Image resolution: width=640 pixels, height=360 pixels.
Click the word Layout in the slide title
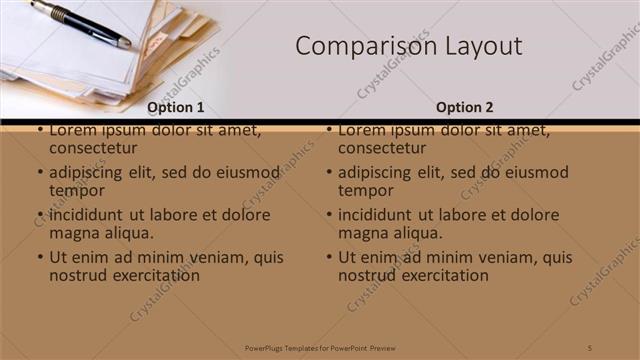pos(484,47)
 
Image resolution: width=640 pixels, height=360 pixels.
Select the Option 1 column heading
pos(176,107)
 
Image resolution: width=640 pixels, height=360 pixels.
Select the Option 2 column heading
pos(465,107)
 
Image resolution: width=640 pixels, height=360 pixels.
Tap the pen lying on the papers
pos(80,23)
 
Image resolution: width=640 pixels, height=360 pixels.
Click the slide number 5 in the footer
pos(591,347)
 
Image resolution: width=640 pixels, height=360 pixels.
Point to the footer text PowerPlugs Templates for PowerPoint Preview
pos(320,347)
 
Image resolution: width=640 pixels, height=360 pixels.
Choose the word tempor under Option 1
pos(77,190)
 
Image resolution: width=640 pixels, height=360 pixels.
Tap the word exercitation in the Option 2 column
pos(441,274)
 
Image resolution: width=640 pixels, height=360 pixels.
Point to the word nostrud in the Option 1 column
pos(77,274)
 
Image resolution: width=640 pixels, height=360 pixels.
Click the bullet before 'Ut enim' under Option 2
pos(329,257)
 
